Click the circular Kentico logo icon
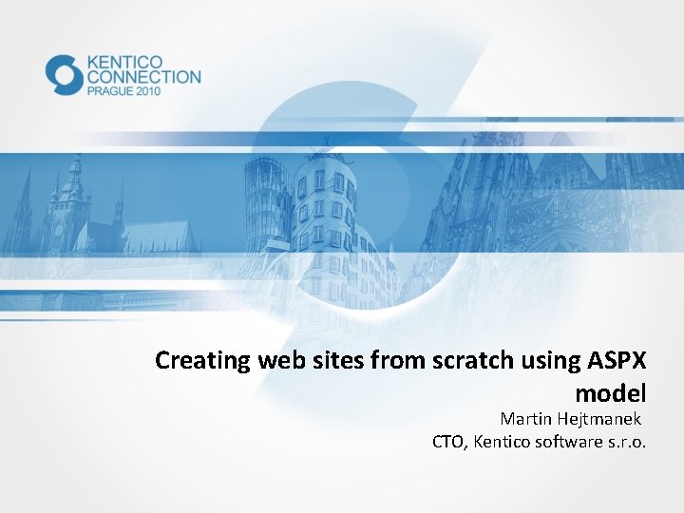click(x=65, y=75)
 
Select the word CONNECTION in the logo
click(x=143, y=77)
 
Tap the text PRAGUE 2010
click(x=124, y=91)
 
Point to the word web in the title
click(x=269, y=361)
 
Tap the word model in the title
click(x=611, y=392)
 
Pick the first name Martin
click(x=526, y=419)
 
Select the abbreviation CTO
click(x=448, y=441)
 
